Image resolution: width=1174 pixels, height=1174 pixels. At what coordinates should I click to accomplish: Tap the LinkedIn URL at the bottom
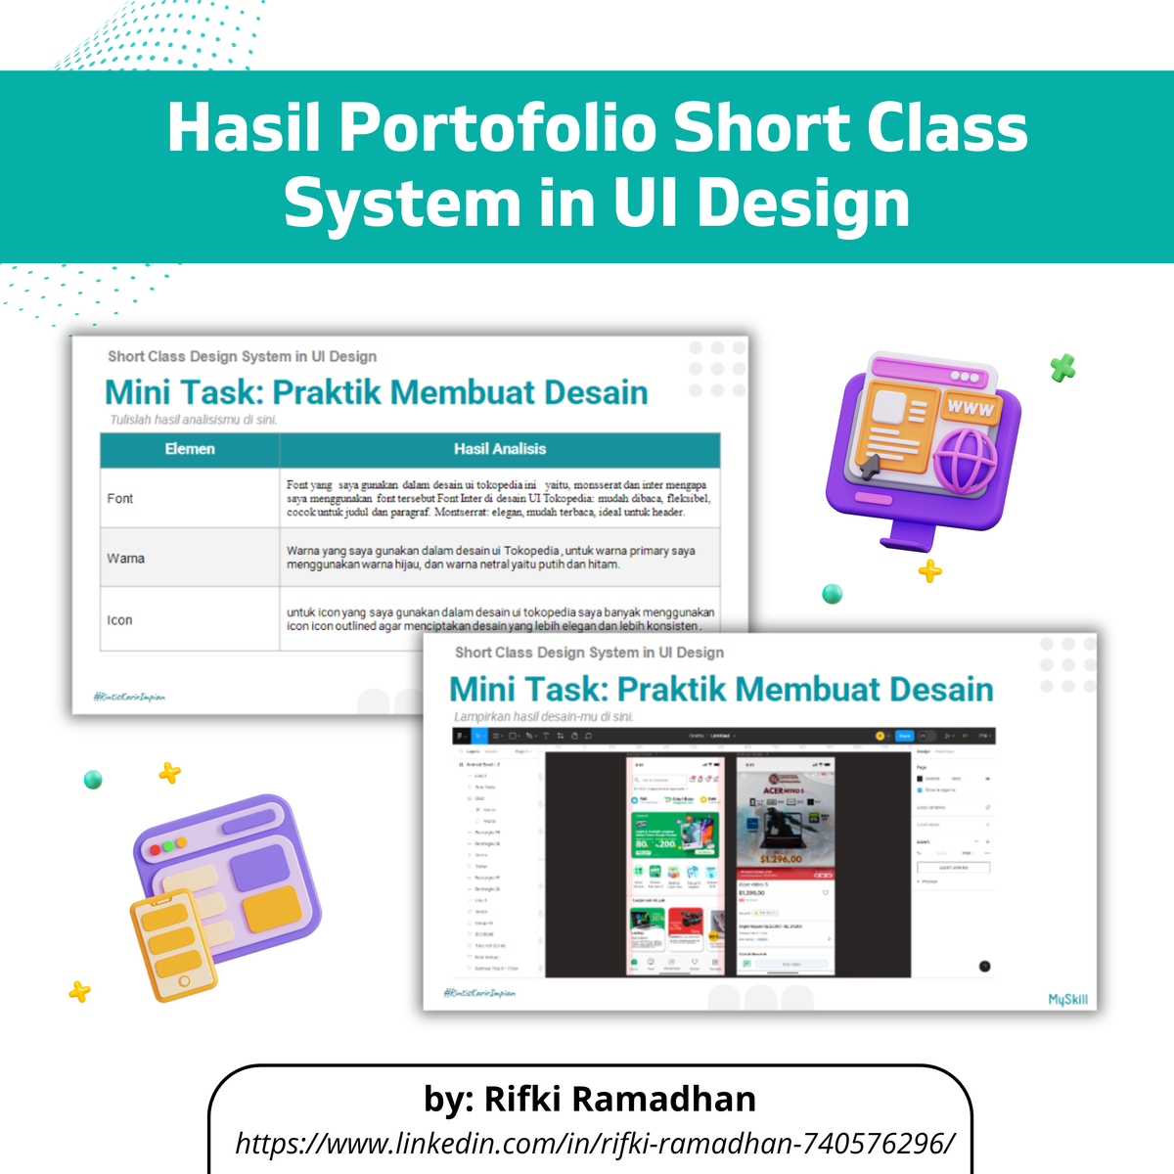(595, 1142)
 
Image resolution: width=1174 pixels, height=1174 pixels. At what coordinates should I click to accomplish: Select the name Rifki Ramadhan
(620, 1099)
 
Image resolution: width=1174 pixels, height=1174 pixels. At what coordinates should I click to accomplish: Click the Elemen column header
(190, 449)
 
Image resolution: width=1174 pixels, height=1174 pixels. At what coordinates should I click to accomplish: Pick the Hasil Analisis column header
(500, 449)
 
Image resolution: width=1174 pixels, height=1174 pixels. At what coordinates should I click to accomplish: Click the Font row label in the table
(120, 499)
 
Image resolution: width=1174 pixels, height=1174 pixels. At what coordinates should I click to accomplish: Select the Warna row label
(126, 559)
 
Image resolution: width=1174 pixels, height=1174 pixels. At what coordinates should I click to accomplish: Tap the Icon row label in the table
(119, 620)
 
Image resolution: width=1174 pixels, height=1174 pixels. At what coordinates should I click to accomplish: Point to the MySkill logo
(1067, 999)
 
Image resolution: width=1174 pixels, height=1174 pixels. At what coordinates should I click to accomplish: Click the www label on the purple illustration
(970, 407)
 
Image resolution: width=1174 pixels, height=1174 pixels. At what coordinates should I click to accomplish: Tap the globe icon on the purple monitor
(965, 460)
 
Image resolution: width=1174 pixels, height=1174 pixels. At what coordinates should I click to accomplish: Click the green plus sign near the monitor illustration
(1062, 369)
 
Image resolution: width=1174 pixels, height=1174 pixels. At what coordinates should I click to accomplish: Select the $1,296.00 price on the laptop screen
(782, 859)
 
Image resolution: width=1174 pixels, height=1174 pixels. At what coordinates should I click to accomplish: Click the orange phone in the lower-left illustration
(172, 944)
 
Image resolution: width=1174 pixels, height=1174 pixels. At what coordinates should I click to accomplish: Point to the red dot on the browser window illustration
(156, 845)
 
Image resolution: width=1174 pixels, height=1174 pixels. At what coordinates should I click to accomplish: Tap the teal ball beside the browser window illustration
(93, 780)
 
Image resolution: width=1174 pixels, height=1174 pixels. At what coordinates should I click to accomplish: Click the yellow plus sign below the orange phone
(79, 992)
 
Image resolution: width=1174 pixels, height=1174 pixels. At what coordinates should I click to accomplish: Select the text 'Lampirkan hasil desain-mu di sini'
(544, 716)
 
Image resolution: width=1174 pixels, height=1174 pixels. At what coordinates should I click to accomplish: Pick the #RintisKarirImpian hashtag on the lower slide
(479, 993)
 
